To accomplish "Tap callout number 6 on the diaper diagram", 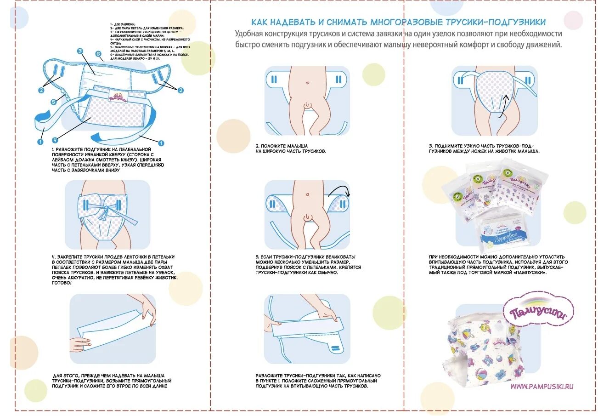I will coord(98,54).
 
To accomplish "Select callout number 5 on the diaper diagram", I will coord(54,102).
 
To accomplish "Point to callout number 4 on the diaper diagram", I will coord(55,140).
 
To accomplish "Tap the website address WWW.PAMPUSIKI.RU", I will coord(542,387).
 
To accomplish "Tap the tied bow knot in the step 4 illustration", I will coord(106,212).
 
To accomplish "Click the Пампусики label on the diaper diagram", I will coord(118,97).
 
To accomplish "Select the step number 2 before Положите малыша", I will coord(257,145).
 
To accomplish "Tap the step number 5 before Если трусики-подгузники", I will coord(257,256).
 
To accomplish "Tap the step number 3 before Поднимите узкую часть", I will coord(430,145).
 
